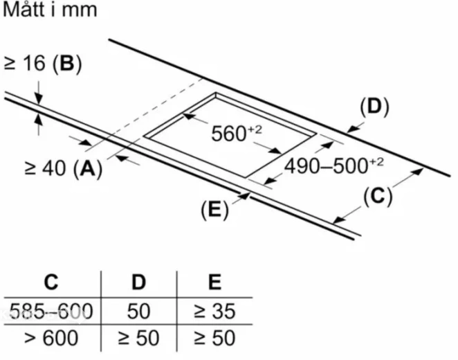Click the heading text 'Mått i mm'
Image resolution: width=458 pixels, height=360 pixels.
click(x=50, y=10)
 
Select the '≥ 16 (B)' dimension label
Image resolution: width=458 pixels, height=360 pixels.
click(x=43, y=64)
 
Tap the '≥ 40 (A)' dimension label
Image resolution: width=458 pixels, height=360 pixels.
click(x=64, y=169)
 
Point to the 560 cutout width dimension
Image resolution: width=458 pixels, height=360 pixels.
click(x=237, y=134)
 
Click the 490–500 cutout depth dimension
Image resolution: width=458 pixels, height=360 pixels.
click(x=334, y=166)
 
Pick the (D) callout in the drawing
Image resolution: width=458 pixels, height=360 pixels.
click(x=374, y=107)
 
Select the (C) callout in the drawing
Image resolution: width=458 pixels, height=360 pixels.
click(x=378, y=196)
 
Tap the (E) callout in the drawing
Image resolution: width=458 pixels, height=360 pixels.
click(x=214, y=210)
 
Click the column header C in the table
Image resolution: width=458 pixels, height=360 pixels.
click(x=51, y=282)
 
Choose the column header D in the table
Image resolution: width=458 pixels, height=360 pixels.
click(x=138, y=282)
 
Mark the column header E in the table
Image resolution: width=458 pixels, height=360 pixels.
click(x=214, y=282)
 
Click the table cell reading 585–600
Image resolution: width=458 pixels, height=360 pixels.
click(x=51, y=311)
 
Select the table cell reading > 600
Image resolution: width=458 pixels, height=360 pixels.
click(x=51, y=338)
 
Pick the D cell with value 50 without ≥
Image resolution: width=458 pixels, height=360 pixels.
click(x=139, y=311)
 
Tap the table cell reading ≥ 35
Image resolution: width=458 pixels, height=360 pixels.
click(x=214, y=311)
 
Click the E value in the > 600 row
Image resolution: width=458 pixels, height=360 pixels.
click(x=214, y=338)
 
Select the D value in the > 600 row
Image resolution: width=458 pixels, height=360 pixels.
click(x=139, y=338)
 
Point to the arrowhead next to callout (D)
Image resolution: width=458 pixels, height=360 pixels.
click(x=353, y=129)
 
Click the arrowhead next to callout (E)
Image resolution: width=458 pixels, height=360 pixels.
click(x=246, y=195)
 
